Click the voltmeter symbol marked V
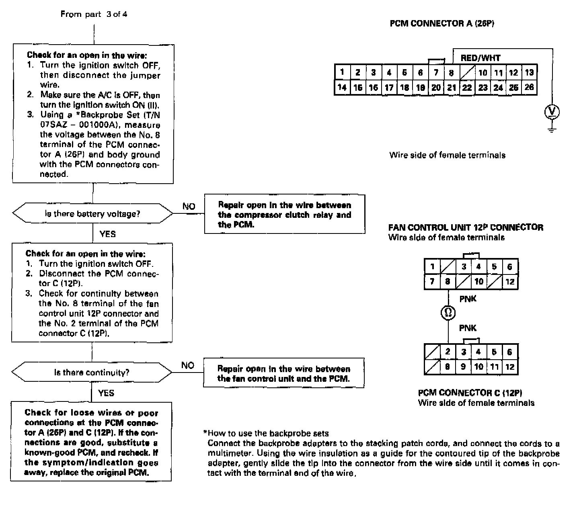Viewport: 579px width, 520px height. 552,112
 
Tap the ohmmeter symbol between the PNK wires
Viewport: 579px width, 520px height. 448,312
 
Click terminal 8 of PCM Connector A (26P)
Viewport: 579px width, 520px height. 451,73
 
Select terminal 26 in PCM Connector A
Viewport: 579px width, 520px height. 529,87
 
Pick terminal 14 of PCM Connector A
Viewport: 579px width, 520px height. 342,87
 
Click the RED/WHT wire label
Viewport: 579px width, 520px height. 480,58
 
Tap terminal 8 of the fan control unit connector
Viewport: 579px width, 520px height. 448,282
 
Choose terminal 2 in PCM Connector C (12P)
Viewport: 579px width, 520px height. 448,352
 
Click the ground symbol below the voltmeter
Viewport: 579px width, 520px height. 552,129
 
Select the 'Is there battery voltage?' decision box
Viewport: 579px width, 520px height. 92,214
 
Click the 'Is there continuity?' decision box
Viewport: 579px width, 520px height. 92,373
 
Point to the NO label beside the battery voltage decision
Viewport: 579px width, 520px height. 189,207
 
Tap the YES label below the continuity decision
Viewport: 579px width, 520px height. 106,393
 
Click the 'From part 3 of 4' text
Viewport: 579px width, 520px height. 94,14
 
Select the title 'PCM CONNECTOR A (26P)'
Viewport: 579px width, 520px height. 442,23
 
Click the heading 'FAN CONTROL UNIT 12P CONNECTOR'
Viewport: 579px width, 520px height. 466,227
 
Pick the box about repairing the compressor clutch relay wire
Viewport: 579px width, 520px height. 284,215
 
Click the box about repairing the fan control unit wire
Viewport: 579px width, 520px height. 283,373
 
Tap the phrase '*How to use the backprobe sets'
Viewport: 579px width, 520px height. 266,433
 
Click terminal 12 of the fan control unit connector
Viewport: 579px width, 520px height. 510,282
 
